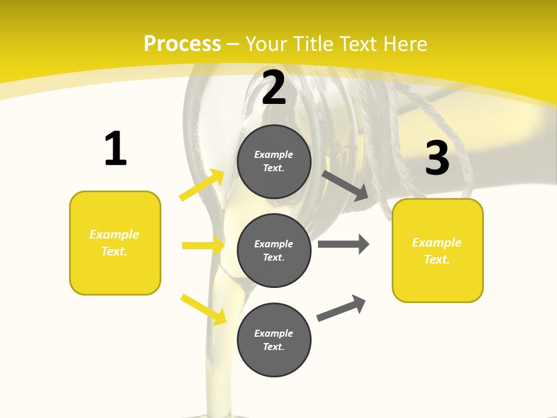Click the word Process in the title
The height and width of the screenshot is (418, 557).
coord(182,44)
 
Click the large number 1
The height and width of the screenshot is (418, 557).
coord(115,149)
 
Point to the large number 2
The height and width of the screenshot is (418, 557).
coord(274,88)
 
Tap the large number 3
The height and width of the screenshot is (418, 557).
coord(437,158)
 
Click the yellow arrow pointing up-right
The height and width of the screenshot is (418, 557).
coord(202,185)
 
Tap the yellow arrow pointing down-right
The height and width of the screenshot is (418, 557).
coord(203,309)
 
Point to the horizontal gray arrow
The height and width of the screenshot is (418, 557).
coord(343,244)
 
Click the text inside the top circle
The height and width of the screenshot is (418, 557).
coord(274,161)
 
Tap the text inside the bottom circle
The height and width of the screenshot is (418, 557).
coord(274,340)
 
